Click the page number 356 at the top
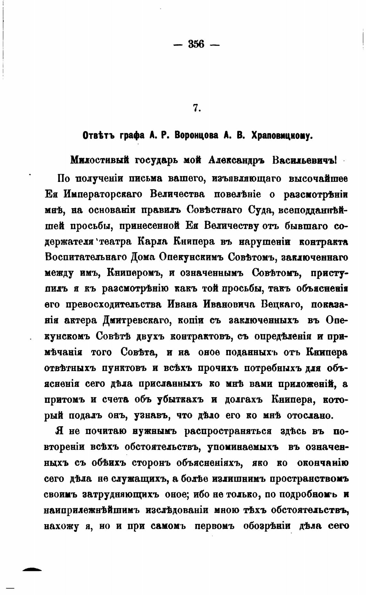(196, 44)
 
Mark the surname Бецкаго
(281, 304)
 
